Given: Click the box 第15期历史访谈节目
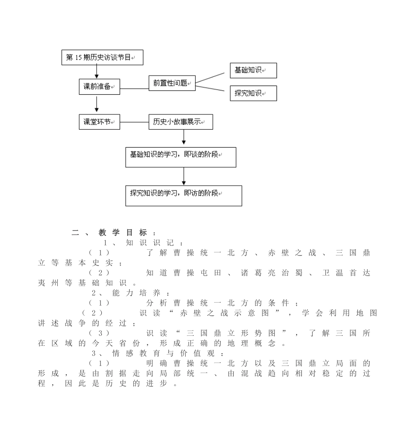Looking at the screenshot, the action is click(x=102, y=58).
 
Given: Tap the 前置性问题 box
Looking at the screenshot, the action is click(x=172, y=83).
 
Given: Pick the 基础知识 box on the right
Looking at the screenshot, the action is click(x=253, y=70).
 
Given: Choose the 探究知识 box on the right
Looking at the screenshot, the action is click(x=253, y=93).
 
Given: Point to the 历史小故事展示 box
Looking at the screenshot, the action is click(x=180, y=122).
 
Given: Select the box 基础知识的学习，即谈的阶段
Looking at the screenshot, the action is click(x=180, y=157).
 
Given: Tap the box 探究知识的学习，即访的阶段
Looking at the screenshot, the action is click(x=183, y=196).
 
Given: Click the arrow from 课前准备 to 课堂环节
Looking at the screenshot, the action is click(x=97, y=104).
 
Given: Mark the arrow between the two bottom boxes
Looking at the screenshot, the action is click(x=183, y=176).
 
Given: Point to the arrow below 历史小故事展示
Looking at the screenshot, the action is click(x=183, y=137).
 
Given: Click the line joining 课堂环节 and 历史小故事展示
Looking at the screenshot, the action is click(x=134, y=122).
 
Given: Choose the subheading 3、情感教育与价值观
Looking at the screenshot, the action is click(x=158, y=353).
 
